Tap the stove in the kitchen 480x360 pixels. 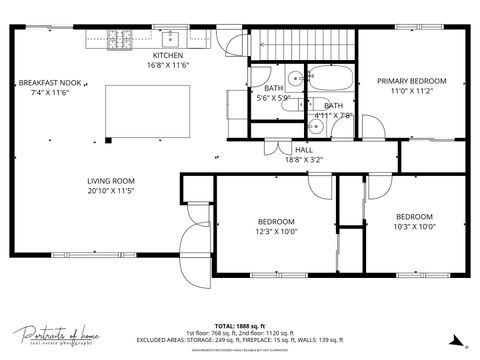point(120,40)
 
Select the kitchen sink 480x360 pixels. point(193,40)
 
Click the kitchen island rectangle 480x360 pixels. point(147,108)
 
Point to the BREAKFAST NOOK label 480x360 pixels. point(49,82)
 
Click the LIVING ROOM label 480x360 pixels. point(110,180)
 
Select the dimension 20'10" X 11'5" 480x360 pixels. point(110,190)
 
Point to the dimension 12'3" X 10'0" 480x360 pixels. point(276,232)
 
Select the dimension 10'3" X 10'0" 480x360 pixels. point(413,227)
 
